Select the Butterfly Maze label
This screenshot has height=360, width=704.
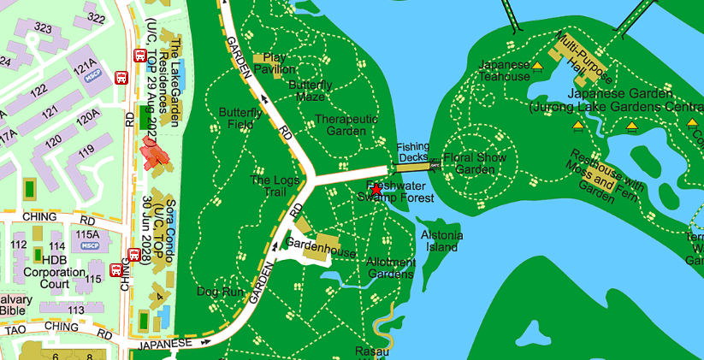coord(311,91)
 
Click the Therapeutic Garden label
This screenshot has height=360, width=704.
coord(346,125)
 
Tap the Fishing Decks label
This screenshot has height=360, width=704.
coord(412,152)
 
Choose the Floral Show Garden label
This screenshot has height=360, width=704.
coord(475,163)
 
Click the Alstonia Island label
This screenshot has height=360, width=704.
coord(441,240)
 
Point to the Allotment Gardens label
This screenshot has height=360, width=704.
coord(391,268)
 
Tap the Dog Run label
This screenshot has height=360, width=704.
coord(215,292)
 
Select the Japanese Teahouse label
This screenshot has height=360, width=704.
coord(504,70)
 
